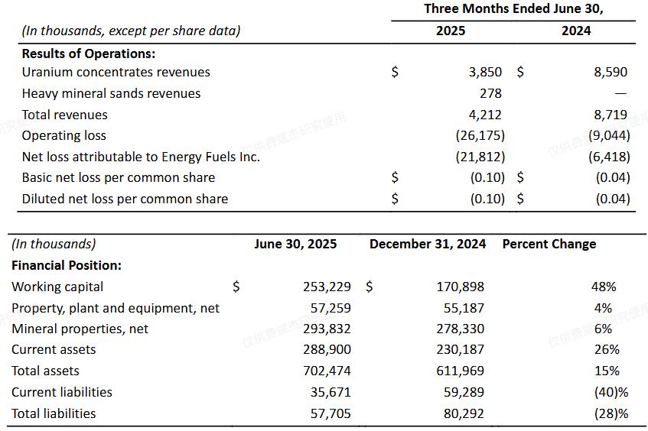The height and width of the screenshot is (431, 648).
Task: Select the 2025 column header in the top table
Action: tap(451, 31)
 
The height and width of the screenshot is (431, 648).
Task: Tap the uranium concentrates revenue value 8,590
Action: tap(610, 73)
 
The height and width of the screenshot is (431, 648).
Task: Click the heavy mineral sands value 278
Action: tap(490, 93)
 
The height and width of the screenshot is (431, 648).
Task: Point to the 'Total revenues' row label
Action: tap(65, 115)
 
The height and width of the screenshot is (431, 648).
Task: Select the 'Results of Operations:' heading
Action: tap(89, 53)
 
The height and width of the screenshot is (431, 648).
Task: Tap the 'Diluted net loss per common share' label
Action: tap(125, 199)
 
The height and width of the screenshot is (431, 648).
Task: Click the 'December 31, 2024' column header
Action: tap(428, 245)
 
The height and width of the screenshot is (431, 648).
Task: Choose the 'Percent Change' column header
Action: tap(549, 245)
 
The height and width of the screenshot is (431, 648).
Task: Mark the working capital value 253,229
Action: tap(327, 287)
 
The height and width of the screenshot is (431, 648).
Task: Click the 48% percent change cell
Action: tap(603, 287)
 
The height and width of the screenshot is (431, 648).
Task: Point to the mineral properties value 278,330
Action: tap(461, 329)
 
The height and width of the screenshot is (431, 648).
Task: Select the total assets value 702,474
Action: tap(327, 371)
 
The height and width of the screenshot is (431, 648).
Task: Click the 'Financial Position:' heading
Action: tap(67, 266)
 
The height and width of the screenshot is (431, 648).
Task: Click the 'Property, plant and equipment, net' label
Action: tap(116, 308)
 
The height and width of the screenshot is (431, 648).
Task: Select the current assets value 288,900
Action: tap(327, 350)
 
